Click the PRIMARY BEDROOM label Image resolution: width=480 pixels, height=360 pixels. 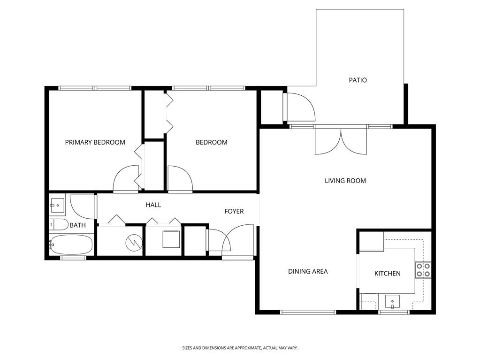(95, 142)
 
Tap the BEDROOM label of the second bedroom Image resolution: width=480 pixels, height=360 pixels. (211, 142)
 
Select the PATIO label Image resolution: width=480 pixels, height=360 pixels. (358, 80)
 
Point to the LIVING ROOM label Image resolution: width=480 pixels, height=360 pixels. (345, 181)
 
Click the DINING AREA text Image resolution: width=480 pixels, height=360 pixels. (308, 271)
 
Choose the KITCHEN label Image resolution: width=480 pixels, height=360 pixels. (387, 274)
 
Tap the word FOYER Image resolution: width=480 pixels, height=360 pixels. (234, 212)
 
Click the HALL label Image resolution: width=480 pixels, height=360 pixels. (153, 205)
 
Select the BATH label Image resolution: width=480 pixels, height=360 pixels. (77, 225)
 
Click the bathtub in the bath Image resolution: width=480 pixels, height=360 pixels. (70, 244)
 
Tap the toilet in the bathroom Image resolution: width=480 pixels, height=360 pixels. (58, 224)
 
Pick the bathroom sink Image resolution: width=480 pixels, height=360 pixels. (57, 205)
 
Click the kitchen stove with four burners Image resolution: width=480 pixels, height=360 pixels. (423, 270)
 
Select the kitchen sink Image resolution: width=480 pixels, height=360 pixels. (392, 300)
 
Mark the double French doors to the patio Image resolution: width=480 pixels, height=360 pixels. (341, 140)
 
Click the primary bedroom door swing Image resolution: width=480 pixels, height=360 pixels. (126, 179)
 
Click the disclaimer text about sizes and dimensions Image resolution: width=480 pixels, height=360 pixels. (240, 348)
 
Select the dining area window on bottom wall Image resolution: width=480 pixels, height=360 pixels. (308, 312)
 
